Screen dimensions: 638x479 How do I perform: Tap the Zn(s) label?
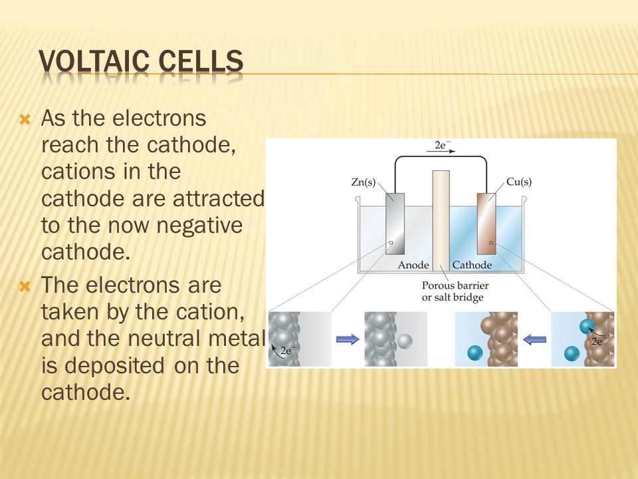(x=364, y=182)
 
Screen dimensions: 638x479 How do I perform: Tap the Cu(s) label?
(x=519, y=182)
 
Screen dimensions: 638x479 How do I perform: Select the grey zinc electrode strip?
(x=395, y=224)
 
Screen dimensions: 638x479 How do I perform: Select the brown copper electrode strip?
(x=486, y=224)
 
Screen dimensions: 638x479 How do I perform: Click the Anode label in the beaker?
(x=413, y=265)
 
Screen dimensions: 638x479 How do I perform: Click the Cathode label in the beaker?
(x=472, y=265)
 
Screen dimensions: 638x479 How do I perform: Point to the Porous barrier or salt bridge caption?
(x=455, y=291)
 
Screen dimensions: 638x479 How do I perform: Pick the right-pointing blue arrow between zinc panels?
(x=348, y=339)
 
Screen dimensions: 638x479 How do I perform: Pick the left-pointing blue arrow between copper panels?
(x=534, y=339)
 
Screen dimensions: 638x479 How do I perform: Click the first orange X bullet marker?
(x=25, y=120)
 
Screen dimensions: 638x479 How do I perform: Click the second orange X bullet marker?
(x=25, y=287)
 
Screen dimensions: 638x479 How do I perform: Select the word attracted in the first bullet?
(x=219, y=199)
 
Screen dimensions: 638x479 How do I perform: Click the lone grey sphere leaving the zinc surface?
(x=405, y=341)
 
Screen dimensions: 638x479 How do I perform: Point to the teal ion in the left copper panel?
(x=475, y=353)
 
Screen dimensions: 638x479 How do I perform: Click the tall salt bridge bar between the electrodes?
(x=441, y=221)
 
